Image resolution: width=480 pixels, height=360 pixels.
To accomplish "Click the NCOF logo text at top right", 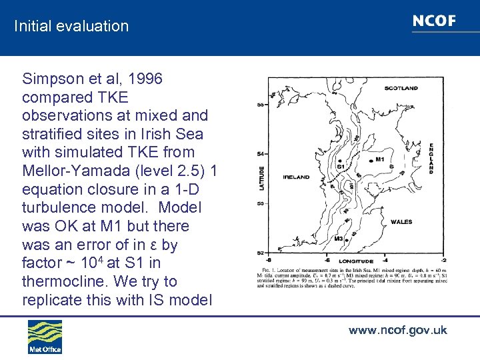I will point(434,21).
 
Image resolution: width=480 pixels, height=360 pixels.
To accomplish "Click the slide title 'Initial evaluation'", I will point(71,27).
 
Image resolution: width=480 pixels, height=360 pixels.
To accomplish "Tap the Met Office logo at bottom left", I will point(45,337).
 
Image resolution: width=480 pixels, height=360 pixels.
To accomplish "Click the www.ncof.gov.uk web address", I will point(397,330).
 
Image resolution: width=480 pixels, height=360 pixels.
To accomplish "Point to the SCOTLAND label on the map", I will point(401,88).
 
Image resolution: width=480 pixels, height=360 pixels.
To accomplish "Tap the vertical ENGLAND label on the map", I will point(431,158).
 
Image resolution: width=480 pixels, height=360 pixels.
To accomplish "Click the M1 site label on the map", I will point(380,159).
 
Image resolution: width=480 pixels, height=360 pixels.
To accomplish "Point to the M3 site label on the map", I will point(339,238).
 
